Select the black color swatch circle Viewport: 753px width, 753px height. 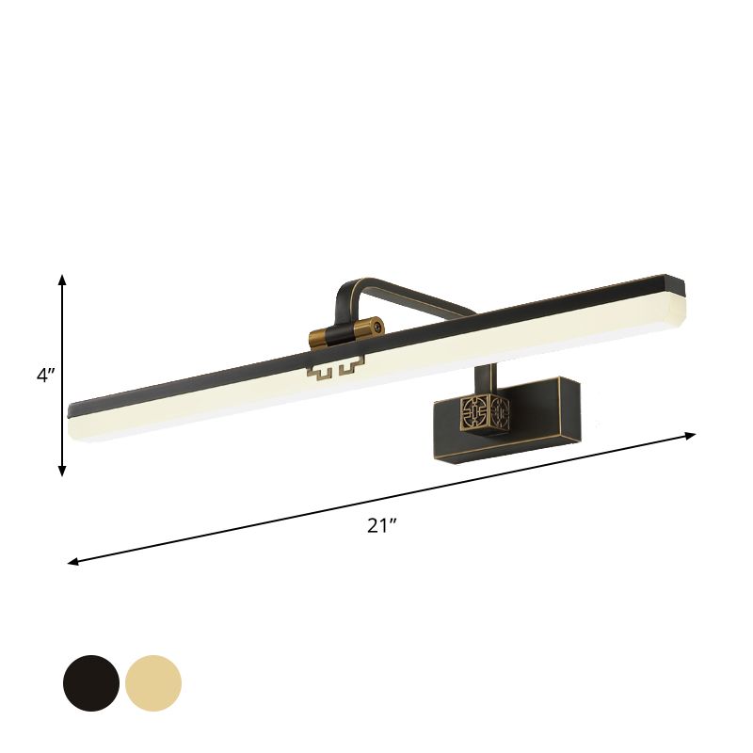tap(91, 683)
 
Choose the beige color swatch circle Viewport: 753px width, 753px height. tap(153, 683)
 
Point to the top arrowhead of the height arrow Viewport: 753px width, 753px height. tap(62, 280)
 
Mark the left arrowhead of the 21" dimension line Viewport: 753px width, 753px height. tap(72, 562)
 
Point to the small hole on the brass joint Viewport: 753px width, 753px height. tap(377, 326)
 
